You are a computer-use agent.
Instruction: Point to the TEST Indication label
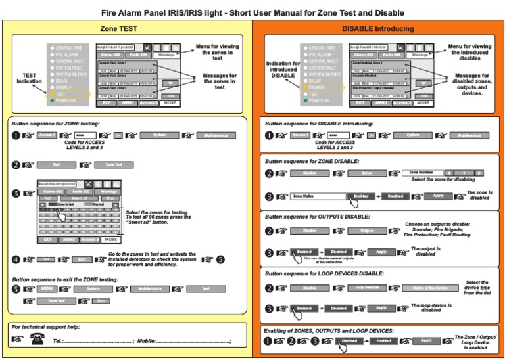tap(30, 78)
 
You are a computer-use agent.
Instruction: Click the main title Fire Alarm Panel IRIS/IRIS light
tap(252, 12)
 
